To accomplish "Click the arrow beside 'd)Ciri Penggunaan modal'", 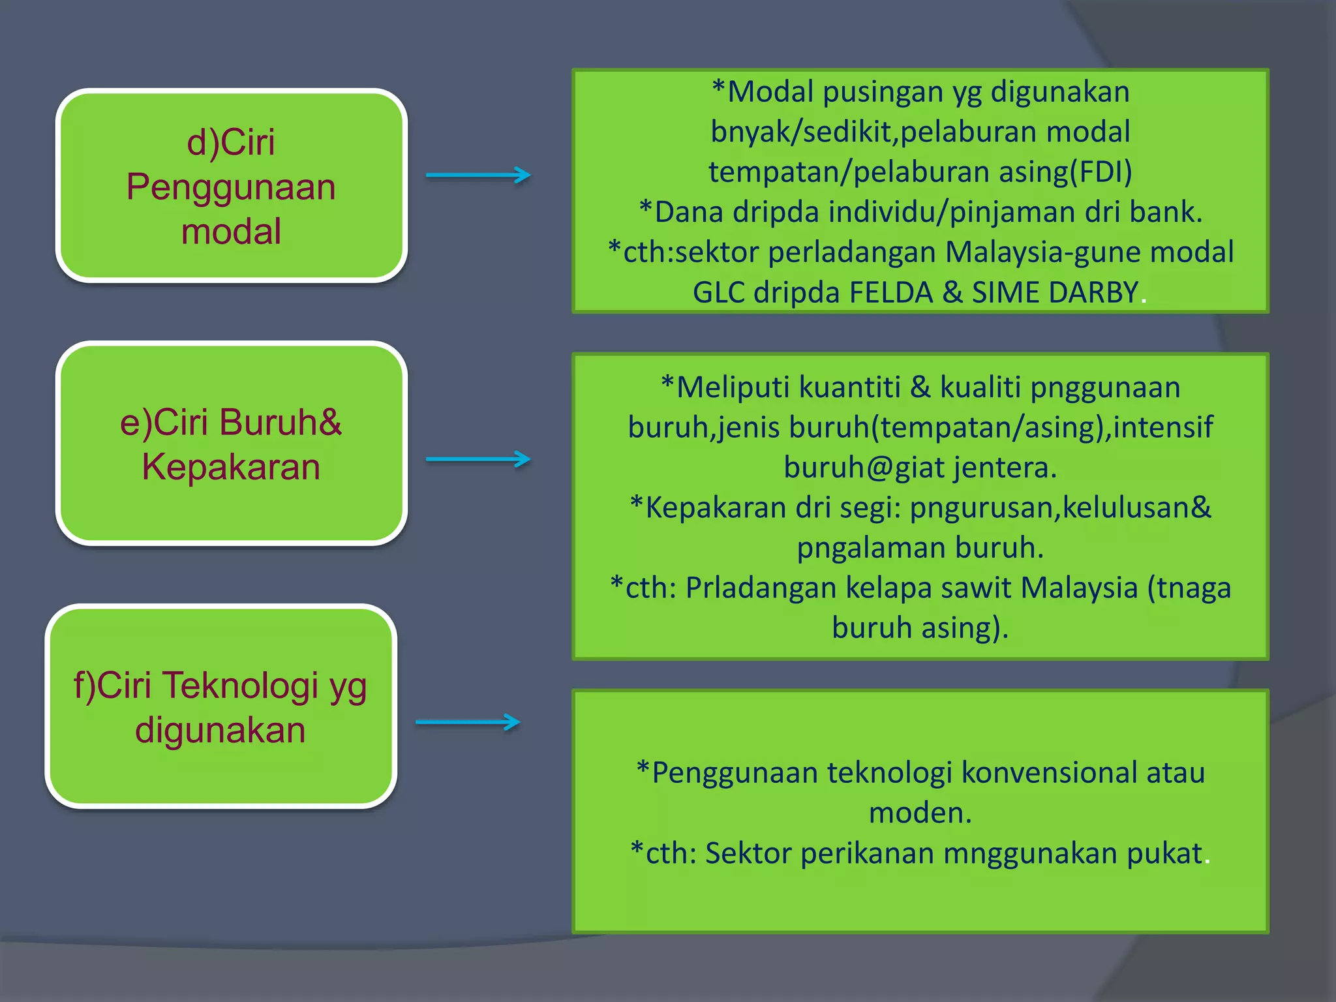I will tap(478, 175).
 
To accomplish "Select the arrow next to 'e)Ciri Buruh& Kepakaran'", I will tap(478, 459).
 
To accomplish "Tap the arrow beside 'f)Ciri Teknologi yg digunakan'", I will tap(468, 722).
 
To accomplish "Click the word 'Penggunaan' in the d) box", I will tap(231, 187).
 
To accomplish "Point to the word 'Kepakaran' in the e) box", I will tap(231, 467).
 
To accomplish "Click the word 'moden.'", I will tap(920, 813).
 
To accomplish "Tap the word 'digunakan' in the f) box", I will tap(220, 730).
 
